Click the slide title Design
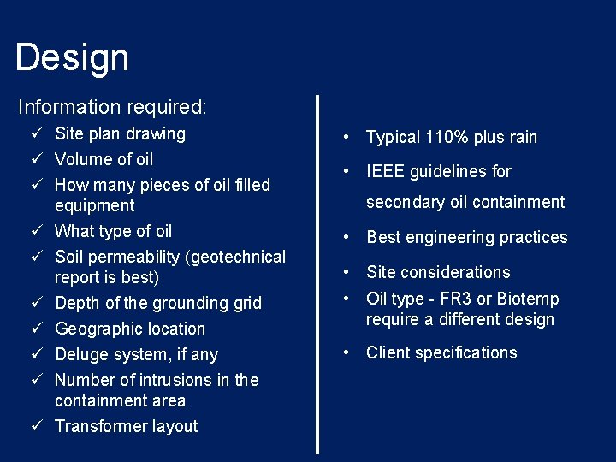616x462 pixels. point(72,58)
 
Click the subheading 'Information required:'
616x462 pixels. point(112,107)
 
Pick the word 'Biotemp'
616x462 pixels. point(530,299)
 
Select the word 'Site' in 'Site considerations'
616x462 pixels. point(382,272)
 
